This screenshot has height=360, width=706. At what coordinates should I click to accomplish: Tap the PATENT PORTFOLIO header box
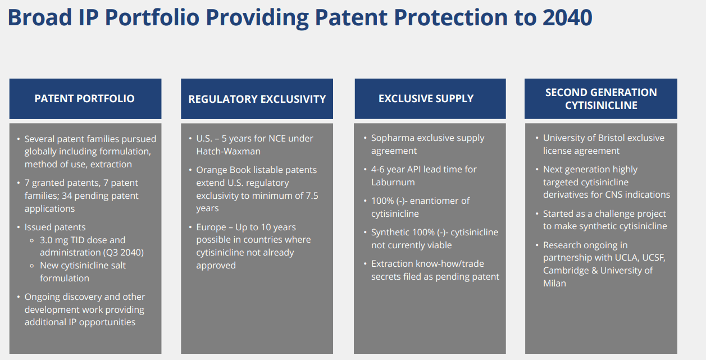pyautogui.click(x=85, y=99)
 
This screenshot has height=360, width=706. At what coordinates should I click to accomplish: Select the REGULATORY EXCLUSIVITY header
pyautogui.click(x=257, y=99)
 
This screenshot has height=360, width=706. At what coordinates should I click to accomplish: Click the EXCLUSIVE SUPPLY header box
pyautogui.click(x=430, y=99)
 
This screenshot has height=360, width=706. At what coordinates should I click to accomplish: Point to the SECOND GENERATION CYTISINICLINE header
pyautogui.click(x=601, y=99)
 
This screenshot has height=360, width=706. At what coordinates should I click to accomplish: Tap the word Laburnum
pyautogui.click(x=393, y=182)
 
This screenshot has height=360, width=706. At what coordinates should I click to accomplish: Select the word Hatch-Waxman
pyautogui.click(x=229, y=151)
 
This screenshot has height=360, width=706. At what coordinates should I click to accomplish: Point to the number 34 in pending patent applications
pyautogui.click(x=67, y=196)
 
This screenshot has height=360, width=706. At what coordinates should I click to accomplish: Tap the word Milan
pyautogui.click(x=554, y=283)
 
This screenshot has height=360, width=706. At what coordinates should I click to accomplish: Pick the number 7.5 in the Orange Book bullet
pyautogui.click(x=312, y=196)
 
